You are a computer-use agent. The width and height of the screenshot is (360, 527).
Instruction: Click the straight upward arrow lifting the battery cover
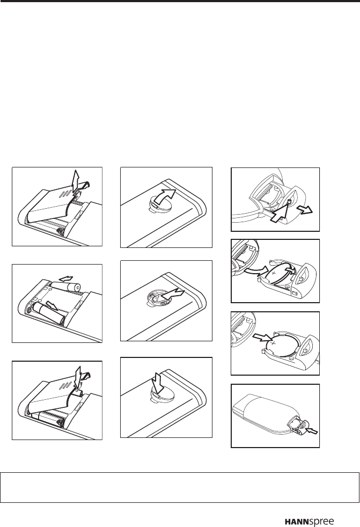(76, 181)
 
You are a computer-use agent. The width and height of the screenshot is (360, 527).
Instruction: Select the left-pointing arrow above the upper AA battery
(66, 279)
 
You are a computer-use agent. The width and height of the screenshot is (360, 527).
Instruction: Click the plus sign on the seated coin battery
(273, 343)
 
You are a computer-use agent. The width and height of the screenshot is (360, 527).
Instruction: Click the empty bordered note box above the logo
(180, 487)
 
